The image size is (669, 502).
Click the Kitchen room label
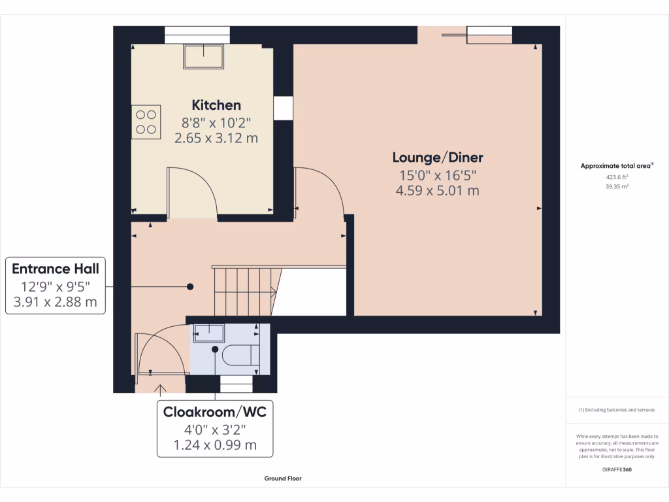216,105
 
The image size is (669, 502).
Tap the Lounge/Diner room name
438,158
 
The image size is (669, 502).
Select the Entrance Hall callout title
55,269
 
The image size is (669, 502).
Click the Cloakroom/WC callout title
215,412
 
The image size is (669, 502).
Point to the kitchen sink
204,57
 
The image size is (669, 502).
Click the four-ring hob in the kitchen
146,122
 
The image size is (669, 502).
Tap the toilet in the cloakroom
238,354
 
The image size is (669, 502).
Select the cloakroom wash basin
208,333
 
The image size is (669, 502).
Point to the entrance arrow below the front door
159,390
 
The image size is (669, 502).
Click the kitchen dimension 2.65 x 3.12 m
216,138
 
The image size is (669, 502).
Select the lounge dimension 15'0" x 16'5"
438,175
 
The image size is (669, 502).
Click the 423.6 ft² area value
617,176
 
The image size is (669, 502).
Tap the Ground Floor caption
283,478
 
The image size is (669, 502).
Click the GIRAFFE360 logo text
617,469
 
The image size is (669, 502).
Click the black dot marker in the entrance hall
191,286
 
